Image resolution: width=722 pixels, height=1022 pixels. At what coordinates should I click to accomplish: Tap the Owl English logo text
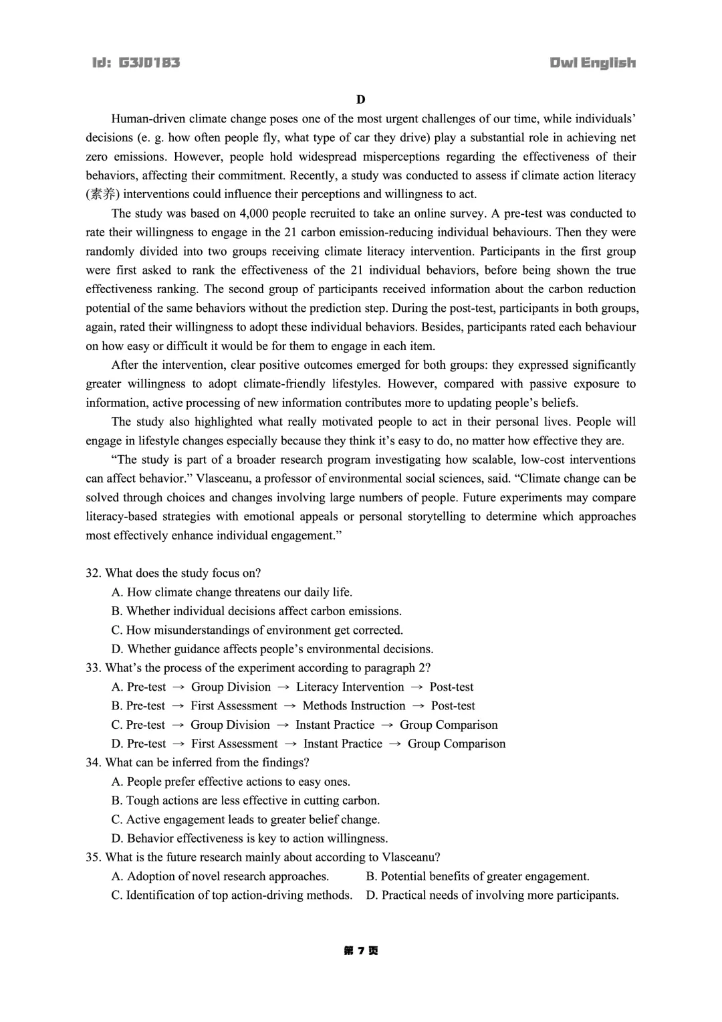592,63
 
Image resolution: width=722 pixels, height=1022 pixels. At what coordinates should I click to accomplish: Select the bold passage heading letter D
361,100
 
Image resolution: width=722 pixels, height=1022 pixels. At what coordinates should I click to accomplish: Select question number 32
93,573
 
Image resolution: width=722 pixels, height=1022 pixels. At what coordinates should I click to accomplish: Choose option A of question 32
231,592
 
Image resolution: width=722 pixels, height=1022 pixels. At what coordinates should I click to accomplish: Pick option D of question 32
272,649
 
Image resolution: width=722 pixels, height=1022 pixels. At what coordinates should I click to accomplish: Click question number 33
93,668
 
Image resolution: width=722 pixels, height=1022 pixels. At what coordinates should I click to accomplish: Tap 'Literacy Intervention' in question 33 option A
350,687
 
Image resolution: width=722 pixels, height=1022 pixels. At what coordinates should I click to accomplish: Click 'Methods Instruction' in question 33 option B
354,706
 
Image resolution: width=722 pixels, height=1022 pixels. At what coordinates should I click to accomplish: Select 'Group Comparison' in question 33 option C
449,725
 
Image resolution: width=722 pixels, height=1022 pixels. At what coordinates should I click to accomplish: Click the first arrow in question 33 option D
178,744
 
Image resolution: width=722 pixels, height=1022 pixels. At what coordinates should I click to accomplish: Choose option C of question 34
245,820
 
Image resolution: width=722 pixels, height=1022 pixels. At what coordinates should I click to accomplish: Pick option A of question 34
231,782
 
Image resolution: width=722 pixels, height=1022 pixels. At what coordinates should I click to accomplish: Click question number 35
93,857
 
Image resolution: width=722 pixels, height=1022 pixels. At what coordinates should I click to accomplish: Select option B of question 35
477,877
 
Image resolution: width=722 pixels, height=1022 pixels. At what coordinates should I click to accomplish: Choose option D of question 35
492,896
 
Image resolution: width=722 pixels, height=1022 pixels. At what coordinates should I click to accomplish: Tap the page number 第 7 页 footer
361,951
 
